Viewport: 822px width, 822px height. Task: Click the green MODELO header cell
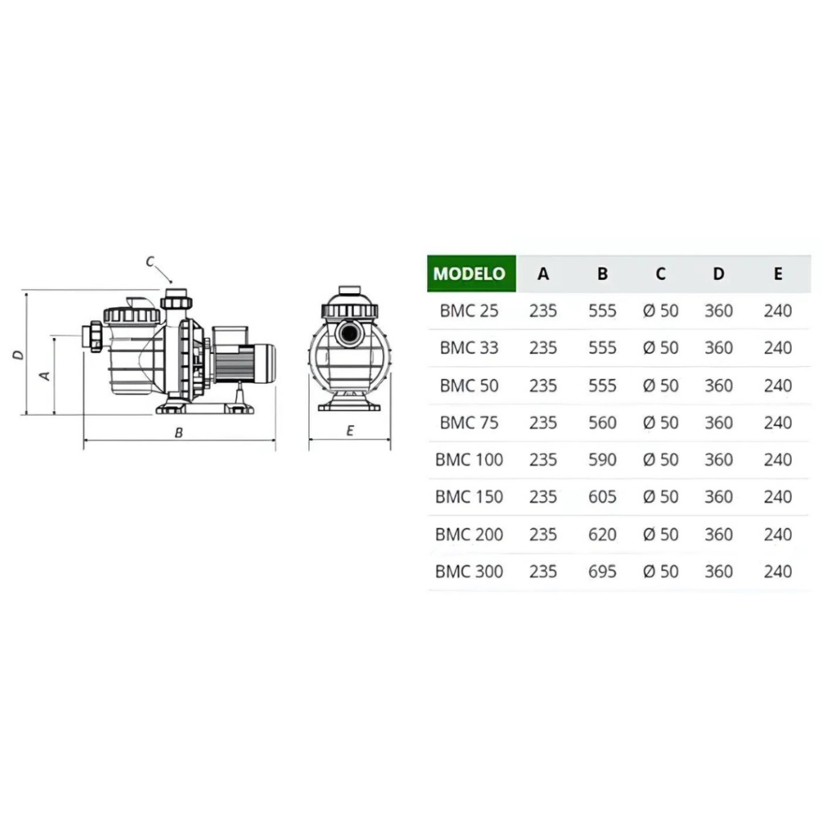point(471,273)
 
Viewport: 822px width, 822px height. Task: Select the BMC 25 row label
point(469,311)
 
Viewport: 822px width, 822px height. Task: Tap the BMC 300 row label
point(469,572)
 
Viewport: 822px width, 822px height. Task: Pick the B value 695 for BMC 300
point(602,572)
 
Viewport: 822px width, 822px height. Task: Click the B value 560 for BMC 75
point(602,422)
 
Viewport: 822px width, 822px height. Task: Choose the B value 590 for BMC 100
point(602,460)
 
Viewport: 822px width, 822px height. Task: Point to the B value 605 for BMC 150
point(602,497)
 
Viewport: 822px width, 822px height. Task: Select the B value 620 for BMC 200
point(602,535)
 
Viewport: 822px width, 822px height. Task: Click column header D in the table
point(718,273)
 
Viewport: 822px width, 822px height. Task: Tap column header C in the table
point(661,273)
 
